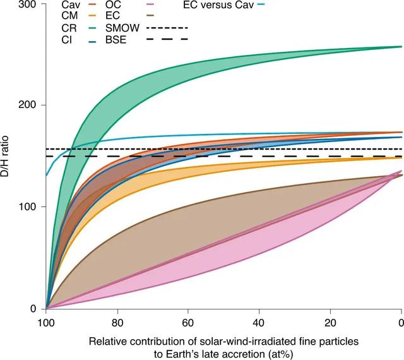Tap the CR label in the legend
(69, 28)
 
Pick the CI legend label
(66, 40)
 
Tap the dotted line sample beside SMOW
(167, 28)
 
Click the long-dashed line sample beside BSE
(167, 40)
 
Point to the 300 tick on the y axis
(30, 4)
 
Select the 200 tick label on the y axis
(30, 105)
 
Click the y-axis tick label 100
(30, 207)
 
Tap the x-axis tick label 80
(117, 321)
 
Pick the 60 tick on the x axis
(188, 321)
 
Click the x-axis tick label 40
(259, 321)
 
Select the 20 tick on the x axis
(330, 321)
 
